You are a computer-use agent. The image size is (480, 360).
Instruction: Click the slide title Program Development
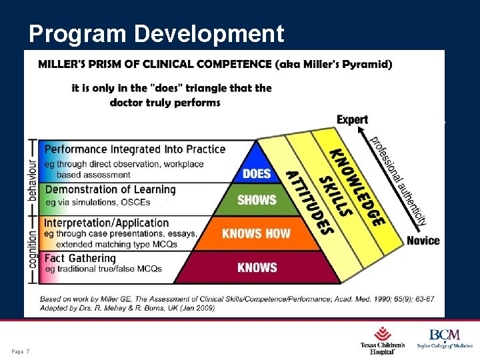(157, 33)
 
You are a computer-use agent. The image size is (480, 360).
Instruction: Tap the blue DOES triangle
(257, 171)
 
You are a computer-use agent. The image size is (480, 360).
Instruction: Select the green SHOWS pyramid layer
(257, 200)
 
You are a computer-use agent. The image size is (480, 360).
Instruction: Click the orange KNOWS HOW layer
(257, 233)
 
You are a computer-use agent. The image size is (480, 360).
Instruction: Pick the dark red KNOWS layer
(257, 267)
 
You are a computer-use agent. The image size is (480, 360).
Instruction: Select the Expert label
(352, 120)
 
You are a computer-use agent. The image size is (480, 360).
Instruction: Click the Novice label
(423, 241)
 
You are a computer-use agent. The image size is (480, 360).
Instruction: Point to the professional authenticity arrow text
(399, 180)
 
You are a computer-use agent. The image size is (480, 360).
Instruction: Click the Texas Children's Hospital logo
(383, 340)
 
